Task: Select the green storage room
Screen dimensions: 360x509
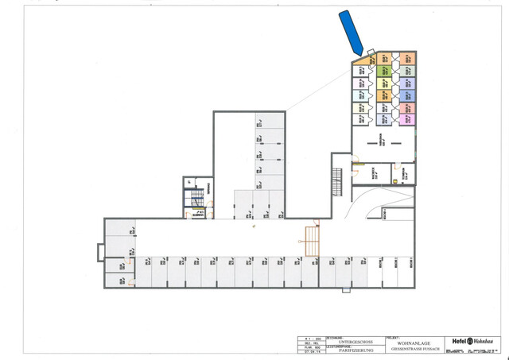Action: [383, 71]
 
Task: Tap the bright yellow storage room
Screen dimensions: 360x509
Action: [383, 83]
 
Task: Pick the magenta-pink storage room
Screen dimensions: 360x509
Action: [406, 119]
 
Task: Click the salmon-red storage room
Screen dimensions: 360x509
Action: [406, 107]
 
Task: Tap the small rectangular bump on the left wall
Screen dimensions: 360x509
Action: [99, 252]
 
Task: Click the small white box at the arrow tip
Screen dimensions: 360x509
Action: [371, 52]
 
